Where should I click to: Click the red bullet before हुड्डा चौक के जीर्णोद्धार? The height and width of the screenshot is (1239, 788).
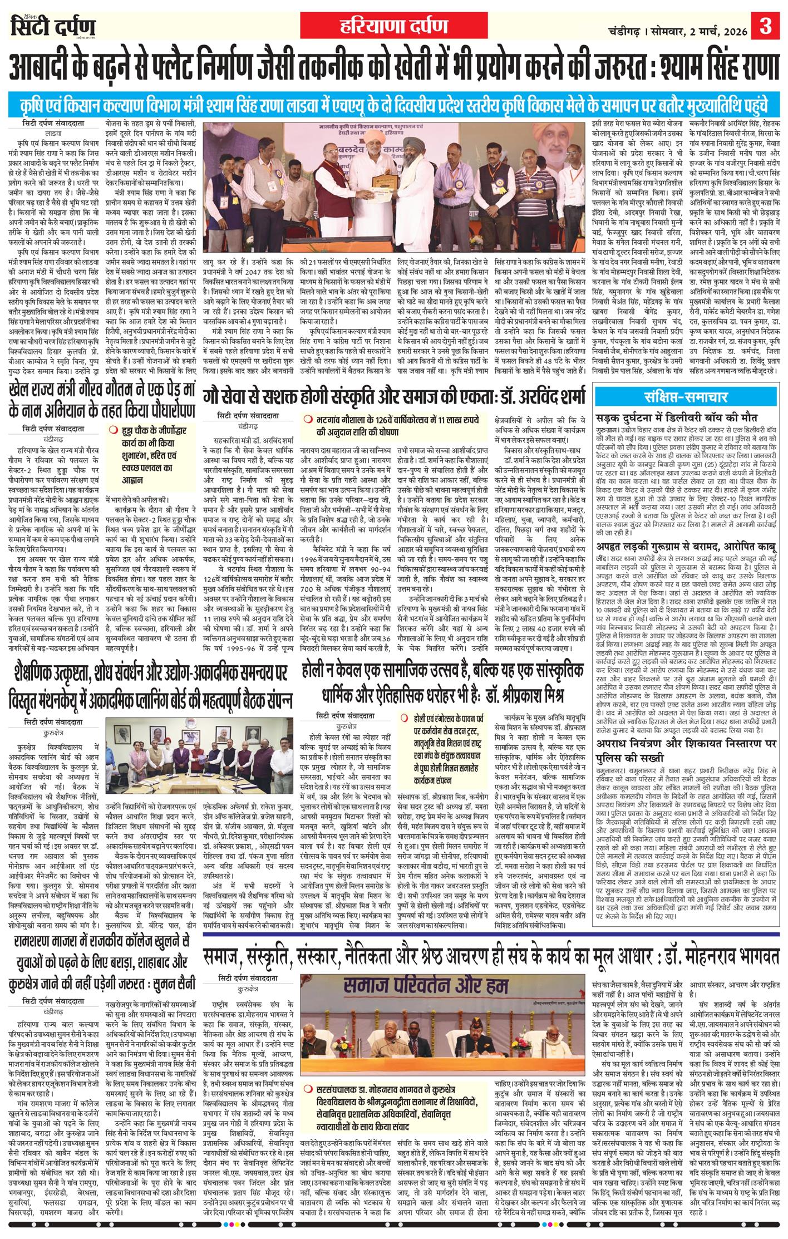coord(113,429)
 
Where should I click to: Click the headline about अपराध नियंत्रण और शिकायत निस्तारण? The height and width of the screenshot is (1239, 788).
coord(685,750)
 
